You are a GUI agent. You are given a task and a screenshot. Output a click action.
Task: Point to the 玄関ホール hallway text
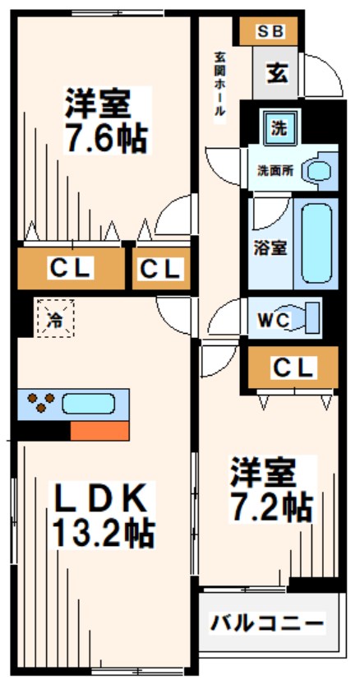tap(220, 87)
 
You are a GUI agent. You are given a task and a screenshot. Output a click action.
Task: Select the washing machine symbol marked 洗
tap(279, 127)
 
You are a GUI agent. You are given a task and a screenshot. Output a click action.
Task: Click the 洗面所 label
tap(275, 172)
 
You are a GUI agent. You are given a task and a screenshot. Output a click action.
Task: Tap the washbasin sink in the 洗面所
tap(317, 171)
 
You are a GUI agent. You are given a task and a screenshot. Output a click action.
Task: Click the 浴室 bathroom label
tap(269, 247)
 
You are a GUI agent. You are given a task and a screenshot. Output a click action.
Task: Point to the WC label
tap(273, 319)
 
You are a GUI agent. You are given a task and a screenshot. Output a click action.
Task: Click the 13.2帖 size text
tap(103, 534)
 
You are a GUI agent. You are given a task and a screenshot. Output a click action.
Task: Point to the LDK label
tap(101, 497)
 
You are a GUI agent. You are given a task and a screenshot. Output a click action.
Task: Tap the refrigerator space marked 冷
tap(55, 318)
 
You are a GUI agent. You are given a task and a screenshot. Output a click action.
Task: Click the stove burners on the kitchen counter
tap(39, 404)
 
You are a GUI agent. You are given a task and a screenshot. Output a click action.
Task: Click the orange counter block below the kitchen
tap(99, 430)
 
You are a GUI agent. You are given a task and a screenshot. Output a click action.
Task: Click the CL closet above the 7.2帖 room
tap(293, 368)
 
